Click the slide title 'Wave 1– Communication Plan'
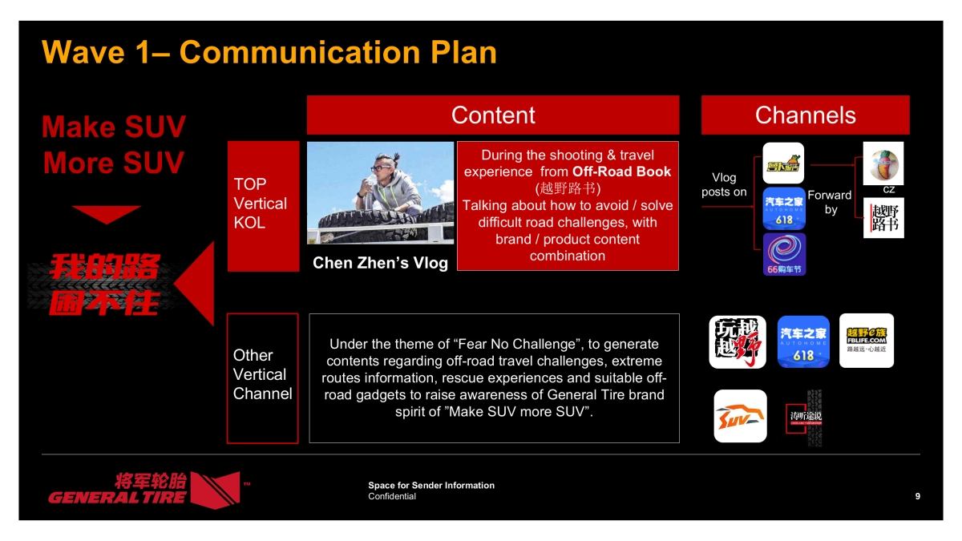point(269,52)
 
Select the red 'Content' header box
point(492,115)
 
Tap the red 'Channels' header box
point(805,115)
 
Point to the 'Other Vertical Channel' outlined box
point(262,377)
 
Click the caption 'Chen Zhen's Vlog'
point(380,263)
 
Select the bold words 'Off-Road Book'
point(621,172)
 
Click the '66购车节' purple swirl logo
point(784,255)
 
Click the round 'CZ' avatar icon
point(883,164)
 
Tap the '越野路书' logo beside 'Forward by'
point(883,217)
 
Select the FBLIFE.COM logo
point(866,340)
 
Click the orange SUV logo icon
point(740,416)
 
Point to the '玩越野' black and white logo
point(738,341)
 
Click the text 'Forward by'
point(830,202)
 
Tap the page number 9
point(917,496)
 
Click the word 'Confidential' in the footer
point(392,496)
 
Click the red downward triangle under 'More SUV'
point(106,214)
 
